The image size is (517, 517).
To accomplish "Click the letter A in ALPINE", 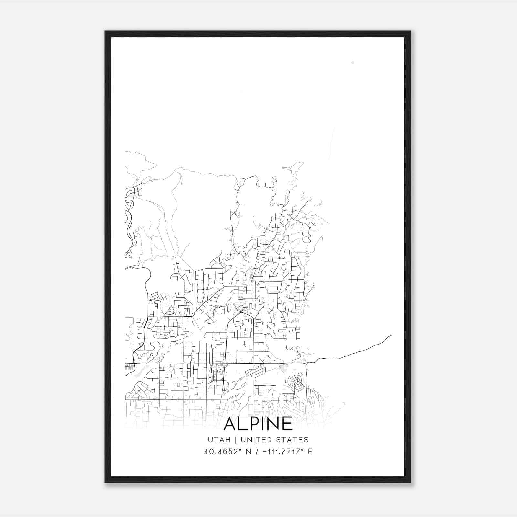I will click(230, 424).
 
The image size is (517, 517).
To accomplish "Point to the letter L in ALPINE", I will click(242, 424).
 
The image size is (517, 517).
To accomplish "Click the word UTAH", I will click(219, 440).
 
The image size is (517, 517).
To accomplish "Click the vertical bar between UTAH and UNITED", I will click(235, 440).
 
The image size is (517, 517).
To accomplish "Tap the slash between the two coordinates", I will click(257, 452).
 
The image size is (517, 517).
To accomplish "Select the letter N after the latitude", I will click(248, 452).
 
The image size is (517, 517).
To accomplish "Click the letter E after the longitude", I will click(310, 452).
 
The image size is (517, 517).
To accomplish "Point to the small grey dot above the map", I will click(353, 62).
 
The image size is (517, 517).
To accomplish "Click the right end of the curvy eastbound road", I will click(391, 336).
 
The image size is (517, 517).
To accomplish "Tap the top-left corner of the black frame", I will click(105, 31).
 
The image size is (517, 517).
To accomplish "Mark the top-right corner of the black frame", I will click(410, 31).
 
